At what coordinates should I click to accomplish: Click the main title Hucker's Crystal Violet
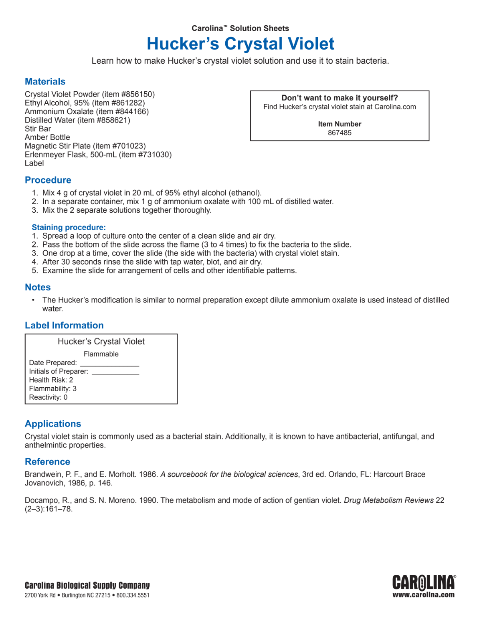pos(240,44)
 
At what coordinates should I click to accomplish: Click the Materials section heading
pos(45,82)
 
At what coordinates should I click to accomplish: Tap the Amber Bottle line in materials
pos(47,137)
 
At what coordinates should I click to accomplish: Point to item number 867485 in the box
pos(340,133)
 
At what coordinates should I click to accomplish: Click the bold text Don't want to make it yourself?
pos(340,98)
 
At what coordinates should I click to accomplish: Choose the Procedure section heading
pos(48,180)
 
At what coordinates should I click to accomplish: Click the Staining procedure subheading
pos(69,227)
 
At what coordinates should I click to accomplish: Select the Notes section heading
pos(38,288)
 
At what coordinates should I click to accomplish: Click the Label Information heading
pos(64,326)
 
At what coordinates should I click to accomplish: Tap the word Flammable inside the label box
pos(101,354)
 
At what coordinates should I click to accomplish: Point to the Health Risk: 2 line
pos(51,380)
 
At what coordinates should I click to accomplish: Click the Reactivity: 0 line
pos(48,397)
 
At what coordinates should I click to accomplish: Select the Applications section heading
pos(53,424)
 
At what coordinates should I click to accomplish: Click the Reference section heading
pos(47,462)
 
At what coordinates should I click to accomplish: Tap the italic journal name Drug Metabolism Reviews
pos(388,501)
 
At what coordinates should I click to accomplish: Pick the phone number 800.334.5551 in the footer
pos(133,596)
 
